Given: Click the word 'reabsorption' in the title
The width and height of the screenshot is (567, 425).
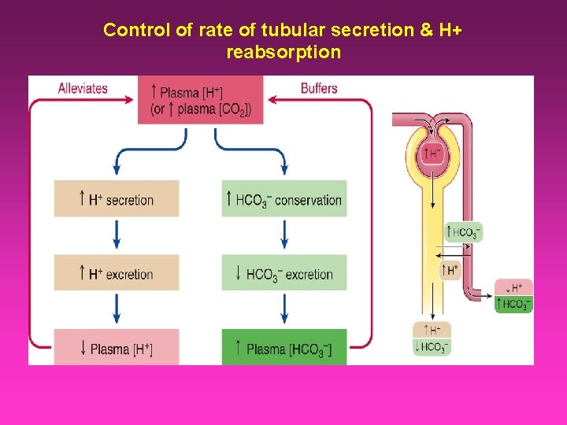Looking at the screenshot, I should (283, 53).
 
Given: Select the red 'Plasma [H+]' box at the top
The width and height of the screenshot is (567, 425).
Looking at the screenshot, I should (200, 100).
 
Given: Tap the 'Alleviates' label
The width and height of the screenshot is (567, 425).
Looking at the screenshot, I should (83, 87).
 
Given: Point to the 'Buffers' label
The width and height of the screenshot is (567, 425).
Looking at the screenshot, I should (319, 87).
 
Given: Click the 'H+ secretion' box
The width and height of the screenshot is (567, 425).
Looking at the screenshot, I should (117, 199).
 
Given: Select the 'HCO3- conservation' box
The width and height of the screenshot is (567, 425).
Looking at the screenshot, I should (284, 199).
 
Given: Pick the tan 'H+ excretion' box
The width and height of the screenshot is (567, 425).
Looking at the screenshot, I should (117, 273).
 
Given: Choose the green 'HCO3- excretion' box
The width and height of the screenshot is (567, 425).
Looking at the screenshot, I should (284, 273).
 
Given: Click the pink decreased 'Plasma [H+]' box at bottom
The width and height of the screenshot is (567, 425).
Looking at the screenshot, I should (117, 347).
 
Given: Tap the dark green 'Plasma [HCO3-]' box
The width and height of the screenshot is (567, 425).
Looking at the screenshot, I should (284, 347).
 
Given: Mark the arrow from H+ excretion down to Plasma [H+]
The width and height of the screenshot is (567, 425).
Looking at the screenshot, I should (117, 309).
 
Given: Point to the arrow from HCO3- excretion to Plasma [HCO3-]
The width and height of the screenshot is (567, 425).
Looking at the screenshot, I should (284, 309).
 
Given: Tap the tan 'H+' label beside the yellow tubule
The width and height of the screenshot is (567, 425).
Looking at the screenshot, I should (450, 270).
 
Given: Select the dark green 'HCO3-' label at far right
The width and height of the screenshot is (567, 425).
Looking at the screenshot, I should (514, 304).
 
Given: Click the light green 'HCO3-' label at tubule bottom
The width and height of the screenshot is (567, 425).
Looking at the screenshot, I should (432, 347).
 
